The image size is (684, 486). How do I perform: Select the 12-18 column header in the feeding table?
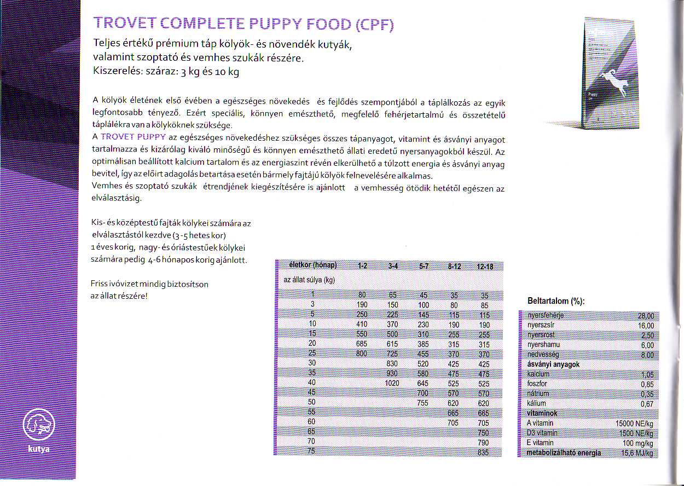[485, 267]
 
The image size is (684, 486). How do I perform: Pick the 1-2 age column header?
[362, 267]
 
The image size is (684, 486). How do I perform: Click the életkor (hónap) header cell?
[311, 266]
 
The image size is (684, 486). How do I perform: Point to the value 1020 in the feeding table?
[392, 383]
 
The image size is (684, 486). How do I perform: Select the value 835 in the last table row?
[483, 452]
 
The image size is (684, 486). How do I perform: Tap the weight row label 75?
[312, 452]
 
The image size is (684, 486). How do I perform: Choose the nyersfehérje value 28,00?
[646, 315]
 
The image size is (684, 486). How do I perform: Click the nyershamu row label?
[543, 345]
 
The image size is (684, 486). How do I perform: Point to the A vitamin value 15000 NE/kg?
[634, 423]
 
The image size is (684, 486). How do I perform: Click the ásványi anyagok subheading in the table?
[553, 364]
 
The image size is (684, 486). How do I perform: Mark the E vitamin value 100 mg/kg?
[638, 443]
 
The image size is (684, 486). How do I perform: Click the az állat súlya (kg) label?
[309, 280]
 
